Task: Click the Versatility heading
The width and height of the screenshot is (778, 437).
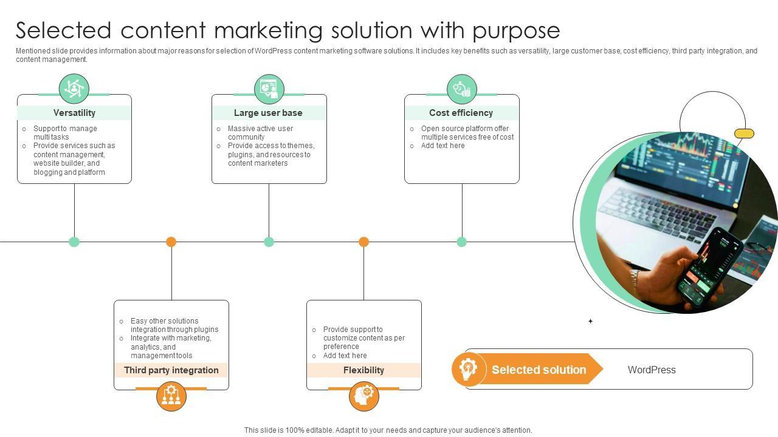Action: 74,113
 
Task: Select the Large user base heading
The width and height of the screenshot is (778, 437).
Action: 268,113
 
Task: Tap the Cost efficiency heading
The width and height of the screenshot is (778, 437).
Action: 461,113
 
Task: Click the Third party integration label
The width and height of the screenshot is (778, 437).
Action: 171,370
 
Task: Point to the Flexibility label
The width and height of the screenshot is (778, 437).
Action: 363,370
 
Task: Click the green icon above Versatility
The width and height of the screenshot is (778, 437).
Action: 74,89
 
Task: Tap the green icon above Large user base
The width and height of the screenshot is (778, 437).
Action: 269,89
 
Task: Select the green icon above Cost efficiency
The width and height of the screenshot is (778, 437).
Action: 462,89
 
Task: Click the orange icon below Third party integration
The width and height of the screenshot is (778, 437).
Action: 171,396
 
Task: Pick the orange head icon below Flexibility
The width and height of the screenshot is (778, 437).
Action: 364,396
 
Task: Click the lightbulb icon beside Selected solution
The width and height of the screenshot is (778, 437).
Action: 469,369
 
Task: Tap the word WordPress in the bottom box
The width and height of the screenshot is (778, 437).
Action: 652,370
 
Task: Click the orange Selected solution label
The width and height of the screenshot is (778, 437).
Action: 539,370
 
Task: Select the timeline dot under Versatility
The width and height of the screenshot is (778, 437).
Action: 74,242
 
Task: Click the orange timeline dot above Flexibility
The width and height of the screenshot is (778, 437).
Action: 363,242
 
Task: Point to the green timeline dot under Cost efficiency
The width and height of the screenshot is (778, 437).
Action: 462,242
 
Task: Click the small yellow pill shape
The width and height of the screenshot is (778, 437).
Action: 744,134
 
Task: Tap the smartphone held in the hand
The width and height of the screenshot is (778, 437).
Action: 708,267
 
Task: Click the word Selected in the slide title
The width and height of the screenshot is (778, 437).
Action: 63,30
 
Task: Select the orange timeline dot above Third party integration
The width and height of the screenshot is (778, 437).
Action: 171,242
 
